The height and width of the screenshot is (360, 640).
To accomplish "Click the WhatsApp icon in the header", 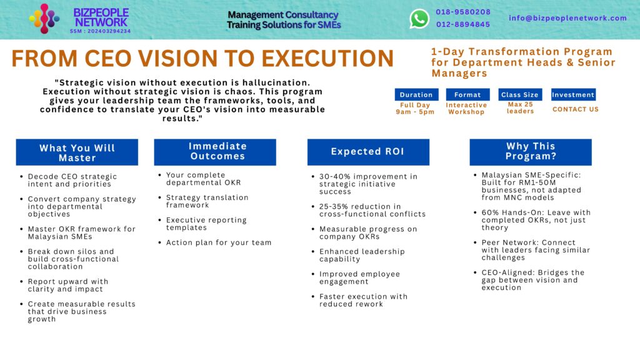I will pos(419,19).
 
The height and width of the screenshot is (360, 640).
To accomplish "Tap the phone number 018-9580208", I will pos(463,12).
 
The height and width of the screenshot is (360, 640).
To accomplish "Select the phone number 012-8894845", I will pos(463,24).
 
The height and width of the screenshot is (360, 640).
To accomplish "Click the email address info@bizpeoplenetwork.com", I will pos(567,18).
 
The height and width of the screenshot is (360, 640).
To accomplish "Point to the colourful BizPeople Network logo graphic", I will pos(44,18).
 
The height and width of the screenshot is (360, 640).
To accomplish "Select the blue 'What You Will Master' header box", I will pos(77,152).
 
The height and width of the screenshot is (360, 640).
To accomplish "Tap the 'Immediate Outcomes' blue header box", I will pos(215,151).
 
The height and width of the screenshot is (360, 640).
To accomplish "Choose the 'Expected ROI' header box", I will pos(368,152).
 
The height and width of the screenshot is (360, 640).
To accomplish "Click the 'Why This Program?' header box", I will pos(531,151).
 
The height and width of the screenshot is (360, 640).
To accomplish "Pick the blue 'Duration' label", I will pos(416,95).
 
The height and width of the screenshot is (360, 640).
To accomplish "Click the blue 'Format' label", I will pos(467,95).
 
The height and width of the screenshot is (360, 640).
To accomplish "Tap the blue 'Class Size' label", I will pos(519,95).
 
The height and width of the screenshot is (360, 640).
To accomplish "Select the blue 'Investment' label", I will pos(573,95).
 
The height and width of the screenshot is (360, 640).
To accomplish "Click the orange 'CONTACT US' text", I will pos(575,109).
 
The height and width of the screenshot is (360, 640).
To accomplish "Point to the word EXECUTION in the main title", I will pos(327,58).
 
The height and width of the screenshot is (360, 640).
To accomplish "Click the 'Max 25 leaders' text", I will pos(520,108).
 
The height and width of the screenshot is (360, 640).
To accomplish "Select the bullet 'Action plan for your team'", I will pos(219,242).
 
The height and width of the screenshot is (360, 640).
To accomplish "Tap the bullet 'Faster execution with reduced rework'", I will pos(363,300).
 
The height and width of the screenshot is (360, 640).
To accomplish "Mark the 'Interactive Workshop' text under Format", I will pos(466,109).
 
